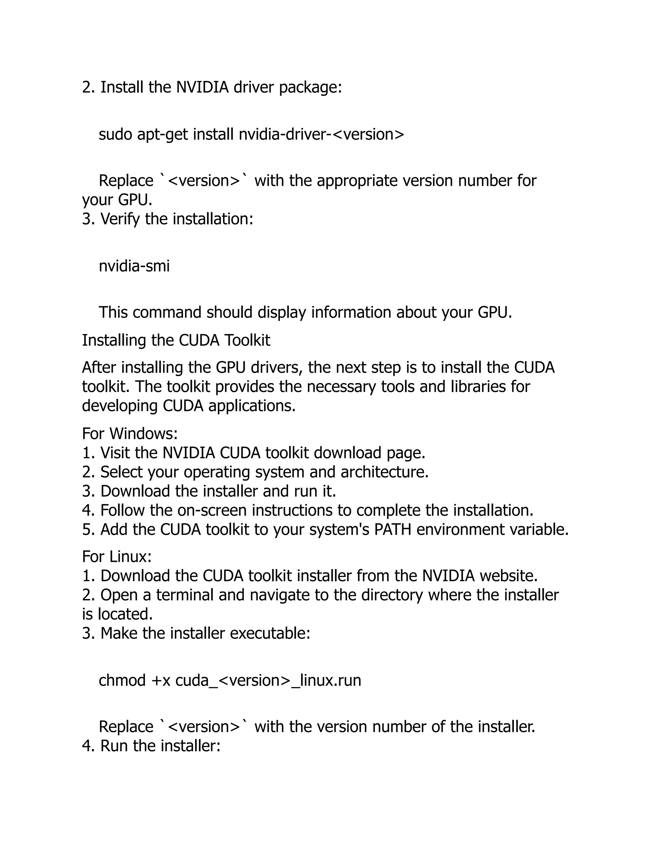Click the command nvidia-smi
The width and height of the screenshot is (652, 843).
click(134, 266)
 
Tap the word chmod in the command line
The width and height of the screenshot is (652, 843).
click(122, 680)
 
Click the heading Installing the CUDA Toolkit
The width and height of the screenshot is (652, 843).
click(176, 340)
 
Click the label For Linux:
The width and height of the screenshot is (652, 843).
click(117, 557)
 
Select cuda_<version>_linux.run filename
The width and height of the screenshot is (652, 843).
click(268, 680)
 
